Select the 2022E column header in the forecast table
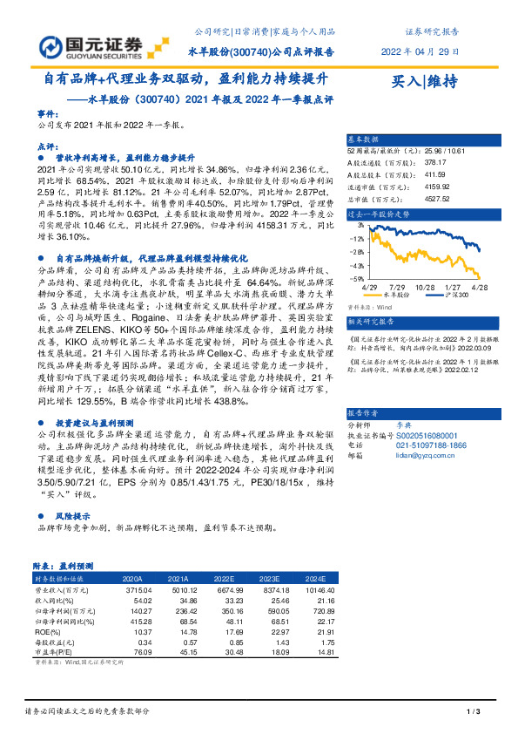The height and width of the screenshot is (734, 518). click(225, 578)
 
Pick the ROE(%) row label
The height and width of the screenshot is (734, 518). click(47, 632)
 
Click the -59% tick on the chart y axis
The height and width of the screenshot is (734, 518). click(358, 278)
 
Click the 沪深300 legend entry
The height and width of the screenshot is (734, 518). click(454, 296)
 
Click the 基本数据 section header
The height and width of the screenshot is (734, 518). click(364, 139)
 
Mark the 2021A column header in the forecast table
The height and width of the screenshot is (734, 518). click(178, 578)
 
